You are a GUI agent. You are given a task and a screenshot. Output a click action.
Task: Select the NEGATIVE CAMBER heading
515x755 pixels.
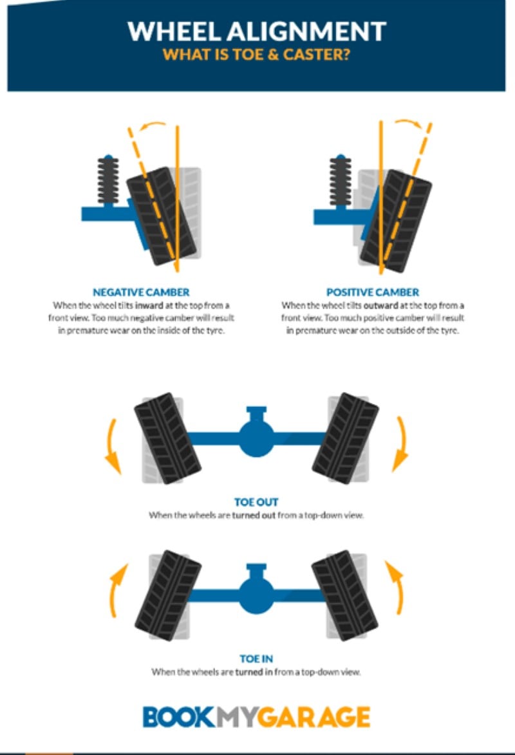tap(140, 292)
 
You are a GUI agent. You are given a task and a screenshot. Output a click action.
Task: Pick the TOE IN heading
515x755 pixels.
tap(256, 660)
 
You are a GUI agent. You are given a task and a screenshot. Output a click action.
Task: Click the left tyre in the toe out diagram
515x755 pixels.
tap(167, 438)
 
